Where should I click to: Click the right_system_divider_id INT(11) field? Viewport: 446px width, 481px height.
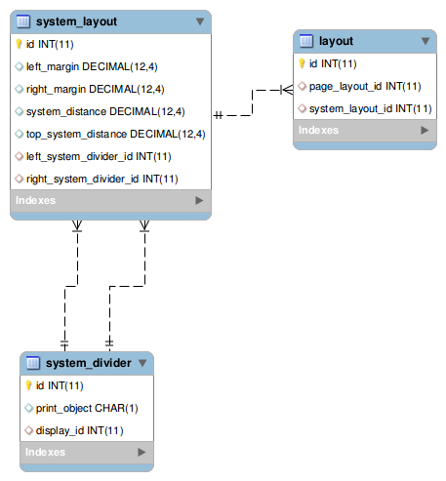point(101,179)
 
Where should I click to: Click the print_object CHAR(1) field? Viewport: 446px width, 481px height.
point(87,408)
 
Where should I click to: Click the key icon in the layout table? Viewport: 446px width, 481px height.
point(303,64)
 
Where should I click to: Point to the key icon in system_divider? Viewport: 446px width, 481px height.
point(29,386)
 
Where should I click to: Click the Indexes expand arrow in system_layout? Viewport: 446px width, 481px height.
point(199,200)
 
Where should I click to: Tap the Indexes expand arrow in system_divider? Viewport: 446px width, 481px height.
point(142,453)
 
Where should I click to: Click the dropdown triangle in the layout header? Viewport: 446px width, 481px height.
point(425,41)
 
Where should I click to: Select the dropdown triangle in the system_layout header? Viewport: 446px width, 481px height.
point(199,20)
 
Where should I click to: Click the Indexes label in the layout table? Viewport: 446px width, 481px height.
point(318,130)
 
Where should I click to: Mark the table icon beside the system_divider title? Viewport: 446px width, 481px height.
point(32,364)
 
